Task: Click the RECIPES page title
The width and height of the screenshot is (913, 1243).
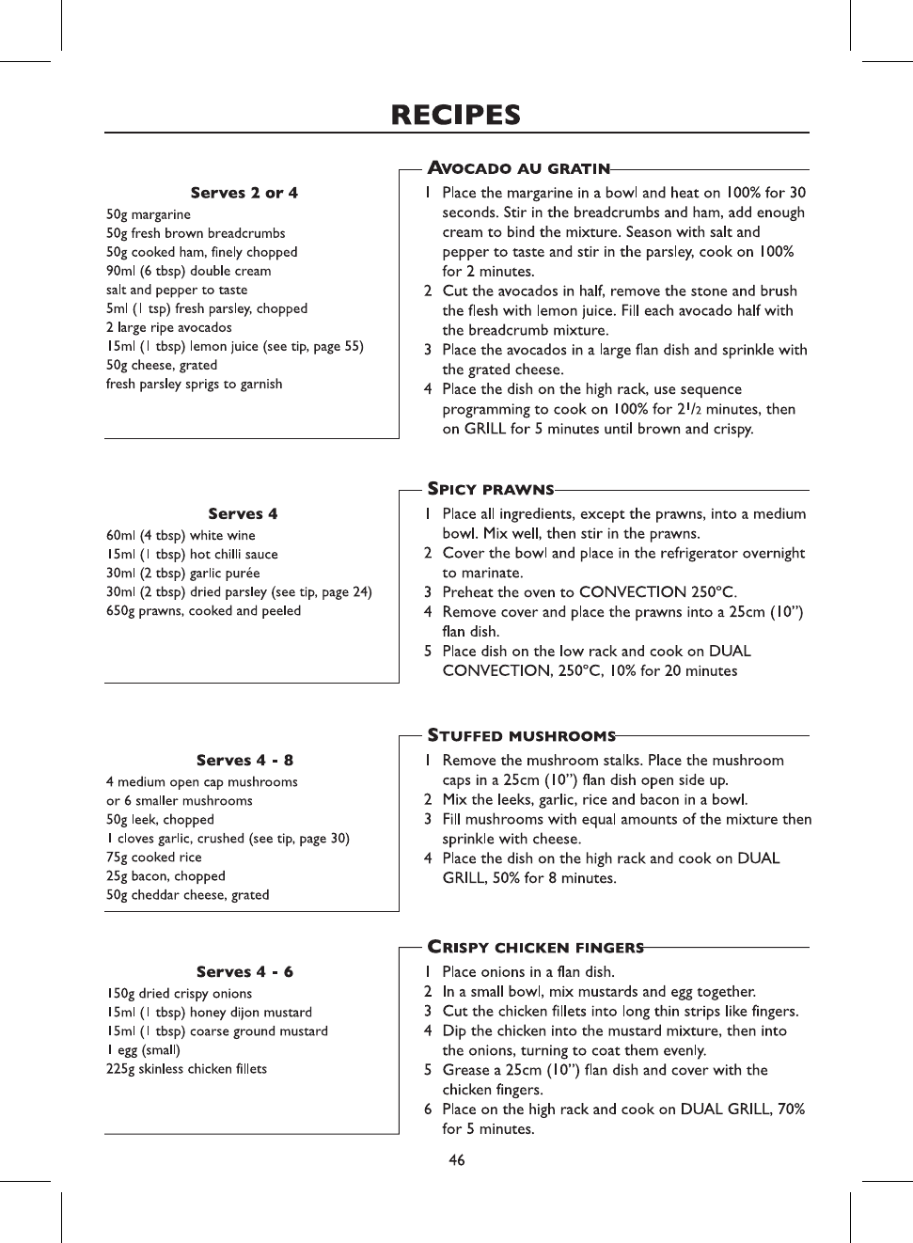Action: click(456, 115)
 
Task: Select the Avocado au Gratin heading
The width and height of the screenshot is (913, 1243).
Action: click(519, 168)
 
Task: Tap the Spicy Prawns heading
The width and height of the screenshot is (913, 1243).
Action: click(491, 489)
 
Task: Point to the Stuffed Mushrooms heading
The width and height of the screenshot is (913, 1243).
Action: click(522, 735)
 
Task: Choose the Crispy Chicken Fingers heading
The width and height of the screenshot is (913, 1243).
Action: click(536, 947)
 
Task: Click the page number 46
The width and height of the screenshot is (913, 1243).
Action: click(457, 1160)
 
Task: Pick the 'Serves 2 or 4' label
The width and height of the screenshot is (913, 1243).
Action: click(244, 193)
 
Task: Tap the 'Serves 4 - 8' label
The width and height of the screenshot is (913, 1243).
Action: click(244, 760)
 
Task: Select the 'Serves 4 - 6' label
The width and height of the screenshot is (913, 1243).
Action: click(244, 971)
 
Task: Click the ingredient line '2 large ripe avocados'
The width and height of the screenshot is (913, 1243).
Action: click(169, 327)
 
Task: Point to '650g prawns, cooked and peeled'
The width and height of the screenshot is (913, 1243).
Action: click(204, 610)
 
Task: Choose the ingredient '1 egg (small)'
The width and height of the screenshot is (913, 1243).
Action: click(143, 1049)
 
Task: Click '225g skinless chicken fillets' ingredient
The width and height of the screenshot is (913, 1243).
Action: click(187, 1068)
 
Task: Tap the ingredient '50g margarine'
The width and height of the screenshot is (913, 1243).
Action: click(149, 214)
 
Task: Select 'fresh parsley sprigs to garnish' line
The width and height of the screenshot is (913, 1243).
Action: click(195, 384)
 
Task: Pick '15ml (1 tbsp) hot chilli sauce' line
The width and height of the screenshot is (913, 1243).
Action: click(192, 554)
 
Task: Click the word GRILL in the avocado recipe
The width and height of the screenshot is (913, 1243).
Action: click(485, 429)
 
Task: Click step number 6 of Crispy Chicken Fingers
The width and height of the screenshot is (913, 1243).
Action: click(428, 1109)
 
